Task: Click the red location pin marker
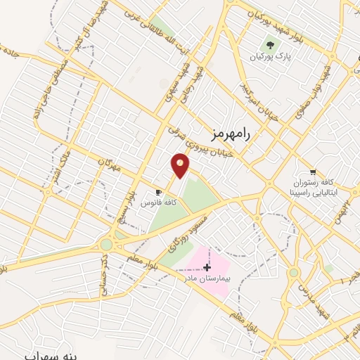tap(180, 165)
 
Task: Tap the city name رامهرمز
tap(231, 133)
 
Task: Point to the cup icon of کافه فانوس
tap(158, 192)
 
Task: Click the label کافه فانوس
tap(158, 202)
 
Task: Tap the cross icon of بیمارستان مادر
tap(206, 267)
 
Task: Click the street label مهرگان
tap(106, 167)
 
